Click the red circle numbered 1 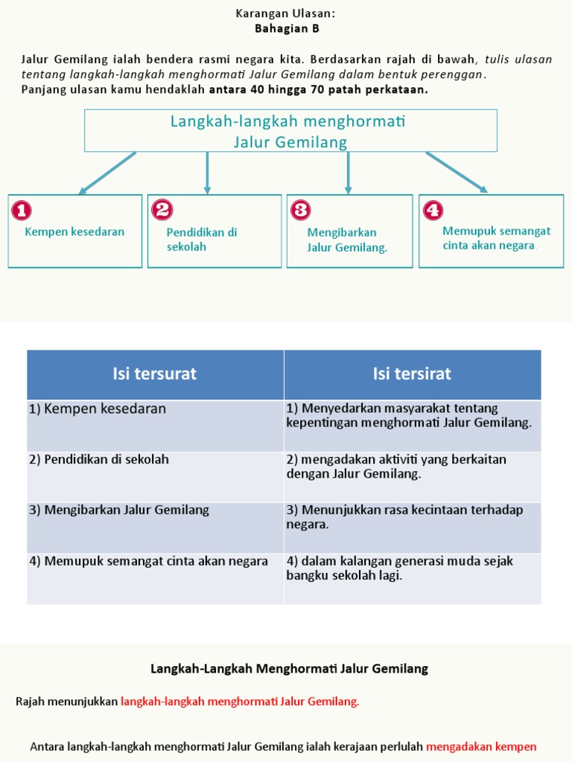(x=22, y=211)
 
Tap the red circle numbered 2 (x=162, y=210)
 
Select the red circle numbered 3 (x=301, y=210)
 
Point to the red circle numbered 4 (x=433, y=210)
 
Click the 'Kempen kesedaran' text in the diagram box (x=74, y=231)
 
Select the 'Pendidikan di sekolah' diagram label (x=201, y=239)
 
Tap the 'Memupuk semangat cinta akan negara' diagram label (x=496, y=238)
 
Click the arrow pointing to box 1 (x=107, y=173)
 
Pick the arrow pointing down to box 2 (x=207, y=173)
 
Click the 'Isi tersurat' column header (x=155, y=374)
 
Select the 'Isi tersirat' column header (x=412, y=374)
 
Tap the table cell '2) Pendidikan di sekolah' (x=99, y=460)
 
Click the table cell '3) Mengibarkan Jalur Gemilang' (x=119, y=510)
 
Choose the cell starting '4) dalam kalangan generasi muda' (x=400, y=568)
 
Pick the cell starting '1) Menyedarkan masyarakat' (x=409, y=415)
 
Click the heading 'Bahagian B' (x=287, y=28)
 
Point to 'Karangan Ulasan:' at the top (x=286, y=13)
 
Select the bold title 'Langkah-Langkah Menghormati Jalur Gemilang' (x=289, y=668)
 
